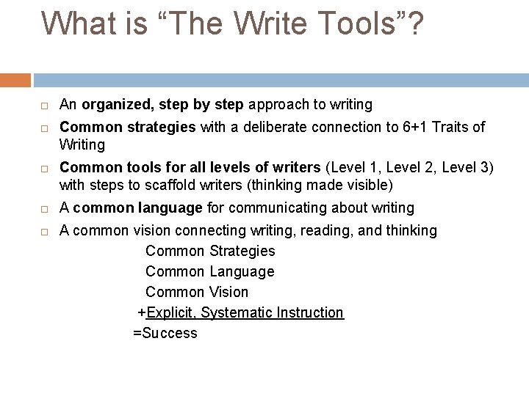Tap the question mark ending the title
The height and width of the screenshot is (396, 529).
pyautogui.click(x=414, y=23)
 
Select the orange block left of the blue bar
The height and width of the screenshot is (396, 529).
pyautogui.click(x=15, y=80)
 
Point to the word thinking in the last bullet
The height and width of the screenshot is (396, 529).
pyautogui.click(x=408, y=230)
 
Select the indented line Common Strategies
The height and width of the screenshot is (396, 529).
pyautogui.click(x=210, y=251)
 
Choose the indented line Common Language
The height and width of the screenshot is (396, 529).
pyautogui.click(x=209, y=271)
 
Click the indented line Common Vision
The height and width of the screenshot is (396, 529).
pyautogui.click(x=197, y=292)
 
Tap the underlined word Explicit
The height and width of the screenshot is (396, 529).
pyautogui.click(x=170, y=312)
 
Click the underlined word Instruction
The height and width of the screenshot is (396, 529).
pyautogui.click(x=311, y=312)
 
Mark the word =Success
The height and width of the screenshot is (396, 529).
pyautogui.click(x=165, y=333)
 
